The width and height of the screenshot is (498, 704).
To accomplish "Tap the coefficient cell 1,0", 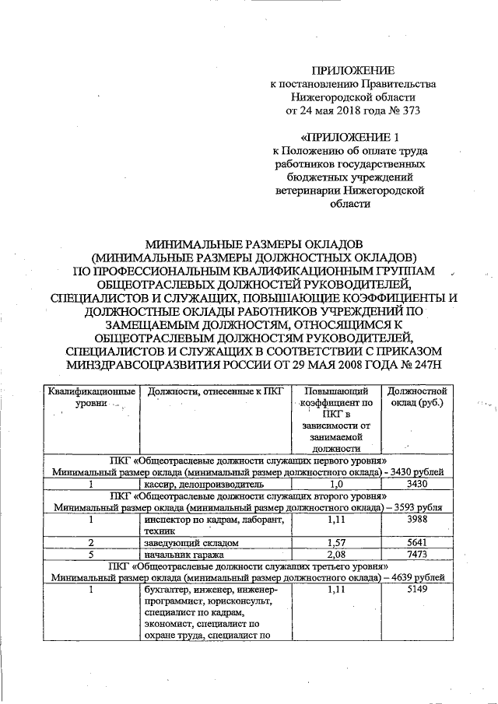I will [337, 482].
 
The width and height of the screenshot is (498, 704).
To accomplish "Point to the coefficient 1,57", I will [337, 543].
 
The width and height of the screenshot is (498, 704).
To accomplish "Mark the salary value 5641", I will [416, 543].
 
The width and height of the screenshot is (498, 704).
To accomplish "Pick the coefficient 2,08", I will [337, 555].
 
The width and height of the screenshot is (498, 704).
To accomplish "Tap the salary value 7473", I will [416, 555].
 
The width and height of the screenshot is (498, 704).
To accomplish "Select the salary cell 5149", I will [416, 591].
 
